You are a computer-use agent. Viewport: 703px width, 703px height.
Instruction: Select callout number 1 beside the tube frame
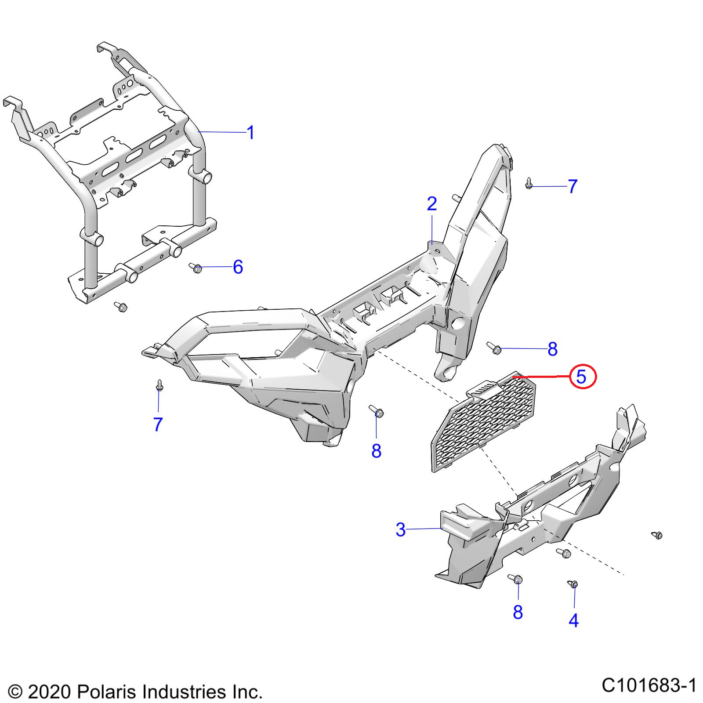(250, 133)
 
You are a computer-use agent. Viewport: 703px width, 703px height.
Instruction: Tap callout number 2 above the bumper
(432, 204)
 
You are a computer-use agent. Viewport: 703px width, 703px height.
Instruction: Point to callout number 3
(400, 529)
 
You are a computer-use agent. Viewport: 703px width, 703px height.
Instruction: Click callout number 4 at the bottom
(574, 620)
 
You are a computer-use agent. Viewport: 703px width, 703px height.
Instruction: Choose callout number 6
(238, 267)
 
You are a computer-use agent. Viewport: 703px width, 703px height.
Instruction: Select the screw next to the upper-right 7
(529, 184)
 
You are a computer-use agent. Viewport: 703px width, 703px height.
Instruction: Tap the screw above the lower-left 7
(159, 385)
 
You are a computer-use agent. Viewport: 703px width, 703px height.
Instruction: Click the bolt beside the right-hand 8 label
(494, 348)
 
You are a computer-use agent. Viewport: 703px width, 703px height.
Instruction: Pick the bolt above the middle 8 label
(377, 411)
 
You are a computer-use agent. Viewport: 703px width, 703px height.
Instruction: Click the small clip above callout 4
(573, 583)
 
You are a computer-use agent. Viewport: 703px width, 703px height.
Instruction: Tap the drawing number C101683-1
(649, 685)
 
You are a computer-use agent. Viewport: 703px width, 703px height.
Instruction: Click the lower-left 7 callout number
(158, 424)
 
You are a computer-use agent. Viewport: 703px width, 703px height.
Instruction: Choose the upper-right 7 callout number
(572, 186)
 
